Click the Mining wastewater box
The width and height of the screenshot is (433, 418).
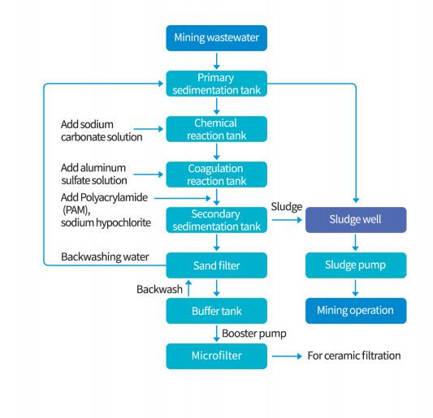pos(216,38)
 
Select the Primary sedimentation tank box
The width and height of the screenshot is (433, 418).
pos(216,84)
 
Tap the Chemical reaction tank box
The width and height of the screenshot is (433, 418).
pos(216,129)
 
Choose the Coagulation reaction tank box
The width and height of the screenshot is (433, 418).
pos(216,175)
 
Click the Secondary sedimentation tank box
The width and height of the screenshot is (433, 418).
pos(216,220)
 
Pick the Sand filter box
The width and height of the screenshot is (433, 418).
pos(216,265)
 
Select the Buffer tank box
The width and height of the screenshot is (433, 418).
pos(216,311)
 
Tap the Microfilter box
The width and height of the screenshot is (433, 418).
pos(216,356)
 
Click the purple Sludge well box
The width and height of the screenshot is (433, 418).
pos(356,220)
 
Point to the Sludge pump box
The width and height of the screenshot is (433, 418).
pos(356,265)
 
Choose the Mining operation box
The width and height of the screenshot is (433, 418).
pos(356,311)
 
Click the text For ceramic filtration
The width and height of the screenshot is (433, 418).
pos(354,356)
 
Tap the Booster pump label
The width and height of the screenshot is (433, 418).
pos(254,334)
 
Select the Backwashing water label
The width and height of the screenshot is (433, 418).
pos(105,257)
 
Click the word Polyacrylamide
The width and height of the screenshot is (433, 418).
pos(115,198)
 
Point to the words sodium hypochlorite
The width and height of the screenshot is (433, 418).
pos(106,223)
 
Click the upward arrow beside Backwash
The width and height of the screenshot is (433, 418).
pos(188,288)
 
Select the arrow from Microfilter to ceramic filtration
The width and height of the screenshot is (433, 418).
pos(287,356)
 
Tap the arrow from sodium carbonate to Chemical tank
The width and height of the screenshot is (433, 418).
pos(149,129)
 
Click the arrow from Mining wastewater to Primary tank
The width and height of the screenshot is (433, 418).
pos(216,61)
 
